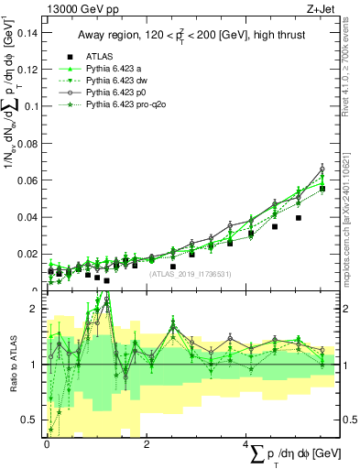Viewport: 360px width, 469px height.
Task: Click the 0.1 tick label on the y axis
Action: point(30,106)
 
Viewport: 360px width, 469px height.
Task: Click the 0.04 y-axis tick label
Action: point(27,217)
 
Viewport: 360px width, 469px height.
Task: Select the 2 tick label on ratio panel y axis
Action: point(34,310)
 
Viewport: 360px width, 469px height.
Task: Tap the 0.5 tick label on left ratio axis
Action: point(30,420)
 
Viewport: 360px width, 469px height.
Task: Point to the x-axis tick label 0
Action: point(47,443)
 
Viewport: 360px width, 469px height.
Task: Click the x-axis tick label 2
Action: point(147,443)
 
